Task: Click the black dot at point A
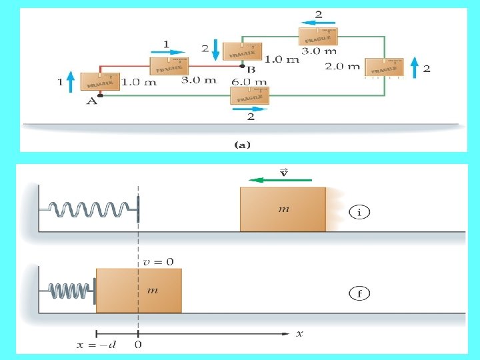pos(91,96)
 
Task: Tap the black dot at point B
pos(243,66)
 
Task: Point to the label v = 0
pos(159,262)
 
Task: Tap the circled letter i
pos(360,213)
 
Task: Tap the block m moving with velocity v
pos(283,209)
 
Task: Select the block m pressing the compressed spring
pos(139,291)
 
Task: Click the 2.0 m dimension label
pos(342,66)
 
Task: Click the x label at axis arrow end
pos(299,333)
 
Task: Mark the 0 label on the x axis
pos(138,345)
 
